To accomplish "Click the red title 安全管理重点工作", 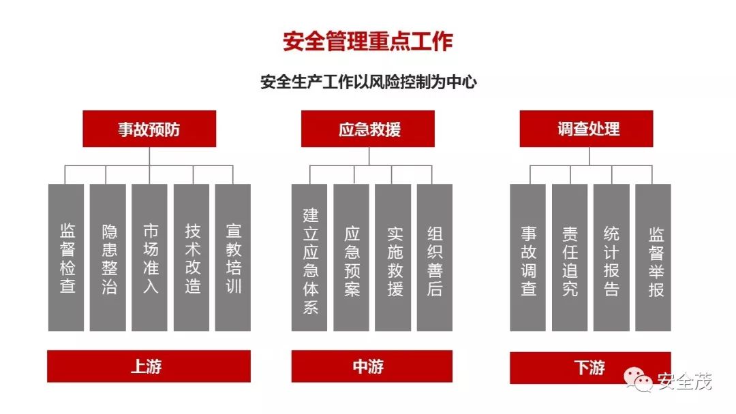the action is (x=367, y=42).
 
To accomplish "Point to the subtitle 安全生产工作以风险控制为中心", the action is (x=369, y=82).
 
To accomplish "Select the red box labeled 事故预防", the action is (x=149, y=129).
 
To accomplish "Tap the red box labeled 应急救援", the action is (x=367, y=129).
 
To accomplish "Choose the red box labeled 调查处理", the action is (x=586, y=129).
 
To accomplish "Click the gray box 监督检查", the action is (x=66, y=257).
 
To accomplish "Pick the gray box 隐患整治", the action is (x=108, y=257).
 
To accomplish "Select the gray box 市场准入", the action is (x=150, y=257).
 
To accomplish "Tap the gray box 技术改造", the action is (x=191, y=257).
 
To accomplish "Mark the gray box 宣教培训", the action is (x=233, y=257).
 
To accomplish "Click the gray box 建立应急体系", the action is (x=309, y=257).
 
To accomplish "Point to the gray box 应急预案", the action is (x=351, y=257).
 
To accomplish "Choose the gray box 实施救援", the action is (x=393, y=257).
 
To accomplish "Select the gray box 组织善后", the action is (x=435, y=257).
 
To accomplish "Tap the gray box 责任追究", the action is (x=570, y=257).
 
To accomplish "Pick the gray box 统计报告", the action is (x=611, y=257).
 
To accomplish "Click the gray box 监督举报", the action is (x=654, y=257).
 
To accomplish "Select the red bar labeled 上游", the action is (x=149, y=366).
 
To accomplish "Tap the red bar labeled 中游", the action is (x=372, y=366).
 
